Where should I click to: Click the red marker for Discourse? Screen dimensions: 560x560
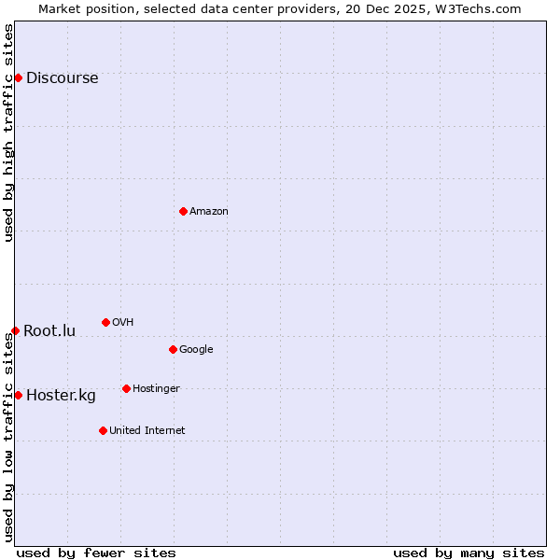click(18, 77)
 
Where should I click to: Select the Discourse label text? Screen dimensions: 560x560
click(62, 78)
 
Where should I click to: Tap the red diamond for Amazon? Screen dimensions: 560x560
click(183, 211)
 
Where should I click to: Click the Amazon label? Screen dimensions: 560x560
click(209, 212)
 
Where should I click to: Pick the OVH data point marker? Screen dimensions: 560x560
click(105, 322)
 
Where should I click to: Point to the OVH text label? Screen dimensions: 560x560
click(123, 323)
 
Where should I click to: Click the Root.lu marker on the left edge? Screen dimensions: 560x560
click(15, 330)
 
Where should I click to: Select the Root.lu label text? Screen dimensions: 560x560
click(49, 331)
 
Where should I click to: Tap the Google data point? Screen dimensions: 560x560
click(173, 349)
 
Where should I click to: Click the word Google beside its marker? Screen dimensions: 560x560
click(196, 350)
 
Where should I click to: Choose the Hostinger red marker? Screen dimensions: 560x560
click(126, 388)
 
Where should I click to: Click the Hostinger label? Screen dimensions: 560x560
click(156, 389)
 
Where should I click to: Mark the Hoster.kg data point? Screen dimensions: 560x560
click(18, 395)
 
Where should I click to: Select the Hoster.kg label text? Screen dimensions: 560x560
click(61, 396)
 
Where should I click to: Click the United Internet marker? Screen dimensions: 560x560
click(103, 430)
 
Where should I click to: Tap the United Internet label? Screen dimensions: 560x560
click(147, 431)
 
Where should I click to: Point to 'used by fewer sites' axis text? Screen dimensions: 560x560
click(96, 553)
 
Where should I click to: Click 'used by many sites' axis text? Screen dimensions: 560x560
click(469, 553)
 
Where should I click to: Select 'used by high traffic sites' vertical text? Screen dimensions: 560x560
click(9, 133)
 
